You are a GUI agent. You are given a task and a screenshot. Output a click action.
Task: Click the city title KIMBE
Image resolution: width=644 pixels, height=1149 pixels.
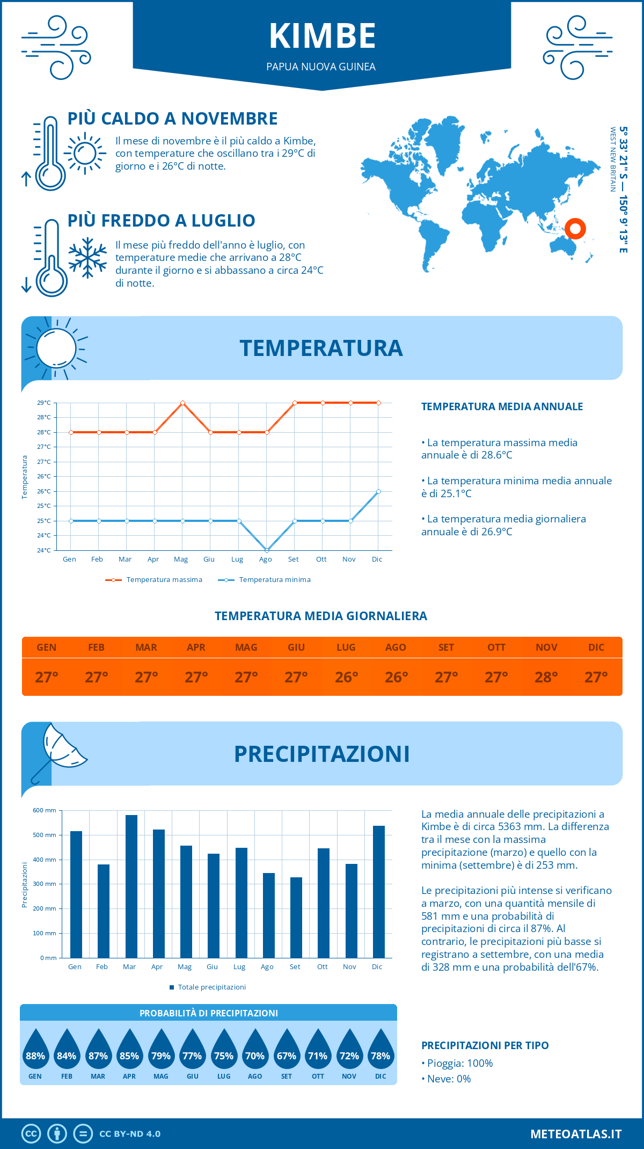[x=322, y=36]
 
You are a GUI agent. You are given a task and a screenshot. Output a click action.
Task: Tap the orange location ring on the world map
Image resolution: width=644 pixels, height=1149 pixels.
[x=575, y=229]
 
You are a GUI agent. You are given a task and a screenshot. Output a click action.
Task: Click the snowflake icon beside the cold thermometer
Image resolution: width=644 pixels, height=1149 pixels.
[x=87, y=258]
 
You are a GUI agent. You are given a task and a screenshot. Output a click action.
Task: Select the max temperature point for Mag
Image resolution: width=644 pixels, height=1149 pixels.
[x=183, y=403]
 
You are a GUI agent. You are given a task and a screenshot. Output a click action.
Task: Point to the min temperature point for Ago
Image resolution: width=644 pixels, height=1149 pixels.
[x=267, y=550]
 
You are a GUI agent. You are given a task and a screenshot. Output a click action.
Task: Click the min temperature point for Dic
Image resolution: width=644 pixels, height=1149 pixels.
[x=378, y=491]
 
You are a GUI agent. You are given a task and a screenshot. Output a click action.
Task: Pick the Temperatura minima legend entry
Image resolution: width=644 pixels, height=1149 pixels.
[x=265, y=580]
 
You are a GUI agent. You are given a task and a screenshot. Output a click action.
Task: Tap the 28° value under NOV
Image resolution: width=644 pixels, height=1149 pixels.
[x=546, y=677]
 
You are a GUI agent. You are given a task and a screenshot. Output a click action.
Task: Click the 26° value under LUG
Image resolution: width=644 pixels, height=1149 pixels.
[x=346, y=677]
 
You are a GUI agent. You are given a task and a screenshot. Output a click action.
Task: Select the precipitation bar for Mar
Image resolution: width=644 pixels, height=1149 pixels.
[x=131, y=886]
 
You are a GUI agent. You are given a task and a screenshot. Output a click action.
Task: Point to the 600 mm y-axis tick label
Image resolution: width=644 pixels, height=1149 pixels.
[x=45, y=810]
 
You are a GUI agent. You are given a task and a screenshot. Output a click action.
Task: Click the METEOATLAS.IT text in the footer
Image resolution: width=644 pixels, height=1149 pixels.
[x=576, y=1134]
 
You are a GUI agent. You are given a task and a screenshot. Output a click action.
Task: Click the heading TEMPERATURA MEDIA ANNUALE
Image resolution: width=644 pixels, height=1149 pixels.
[x=502, y=406]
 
